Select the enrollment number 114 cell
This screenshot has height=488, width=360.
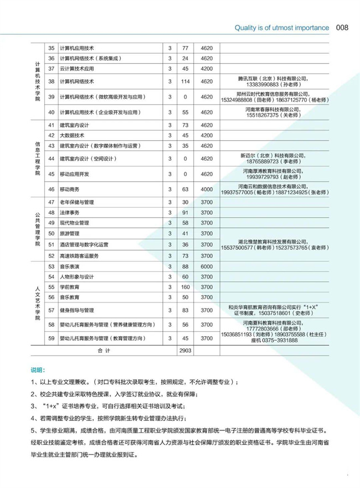click(186, 81)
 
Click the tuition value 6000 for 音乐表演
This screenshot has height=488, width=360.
click(207, 267)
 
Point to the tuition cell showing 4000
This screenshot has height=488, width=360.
click(207, 189)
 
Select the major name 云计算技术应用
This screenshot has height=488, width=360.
click(76, 68)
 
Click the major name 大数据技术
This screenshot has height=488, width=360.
click(71, 135)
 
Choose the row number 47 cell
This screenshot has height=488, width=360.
click(52, 203)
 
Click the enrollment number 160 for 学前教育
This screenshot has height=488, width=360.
click(186, 287)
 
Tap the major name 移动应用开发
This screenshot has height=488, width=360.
click(74, 174)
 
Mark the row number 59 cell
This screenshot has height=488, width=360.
click(52, 338)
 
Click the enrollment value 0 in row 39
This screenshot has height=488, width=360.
click(186, 97)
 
